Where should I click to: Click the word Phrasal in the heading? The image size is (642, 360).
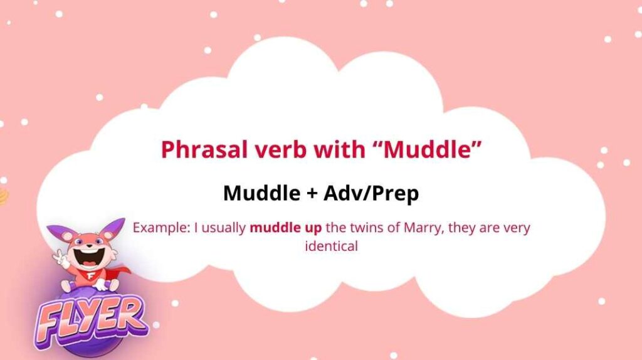click(205, 149)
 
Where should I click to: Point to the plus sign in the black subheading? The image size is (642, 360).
click(312, 193)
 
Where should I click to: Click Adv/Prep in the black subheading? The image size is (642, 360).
click(371, 193)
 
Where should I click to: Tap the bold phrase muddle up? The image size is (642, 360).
click(286, 227)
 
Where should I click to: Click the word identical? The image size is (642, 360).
click(331, 246)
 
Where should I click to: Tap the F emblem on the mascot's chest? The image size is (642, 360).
click(90, 275)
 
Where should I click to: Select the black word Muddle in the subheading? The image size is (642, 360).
click(261, 193)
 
